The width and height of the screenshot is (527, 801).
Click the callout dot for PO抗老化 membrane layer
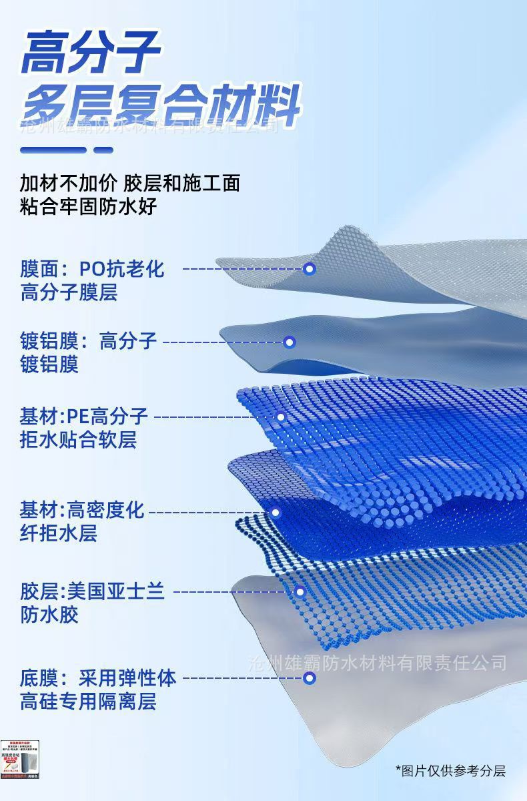309,269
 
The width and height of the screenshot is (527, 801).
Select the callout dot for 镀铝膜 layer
290,342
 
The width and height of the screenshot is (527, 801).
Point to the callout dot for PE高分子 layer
281,417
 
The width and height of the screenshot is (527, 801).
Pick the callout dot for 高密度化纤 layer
275,513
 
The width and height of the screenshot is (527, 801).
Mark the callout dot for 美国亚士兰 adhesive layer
300,591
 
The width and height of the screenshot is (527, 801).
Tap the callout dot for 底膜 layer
309,678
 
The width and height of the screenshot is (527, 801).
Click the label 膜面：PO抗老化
92,269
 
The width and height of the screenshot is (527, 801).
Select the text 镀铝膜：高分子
88,342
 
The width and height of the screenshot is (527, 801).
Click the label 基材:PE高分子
84,417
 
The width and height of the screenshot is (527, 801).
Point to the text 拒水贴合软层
78,441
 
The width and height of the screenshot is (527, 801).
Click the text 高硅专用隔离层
88,702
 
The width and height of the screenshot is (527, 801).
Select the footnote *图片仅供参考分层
450,771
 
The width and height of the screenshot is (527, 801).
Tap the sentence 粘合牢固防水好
88,206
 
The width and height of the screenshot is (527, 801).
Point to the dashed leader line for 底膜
241,678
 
